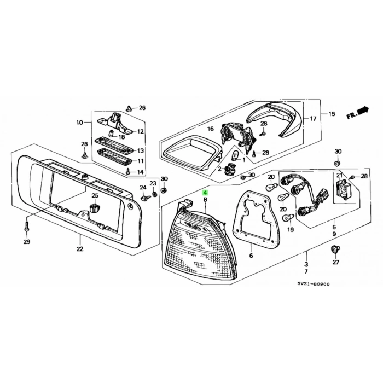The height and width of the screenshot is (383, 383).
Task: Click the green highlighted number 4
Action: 205,193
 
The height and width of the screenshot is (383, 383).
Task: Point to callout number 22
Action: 80,249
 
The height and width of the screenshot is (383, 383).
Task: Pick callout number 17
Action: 314,118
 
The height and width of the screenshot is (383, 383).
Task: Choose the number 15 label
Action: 332,114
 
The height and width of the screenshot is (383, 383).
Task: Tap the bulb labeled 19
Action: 287,218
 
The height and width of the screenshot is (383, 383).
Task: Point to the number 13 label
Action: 140,150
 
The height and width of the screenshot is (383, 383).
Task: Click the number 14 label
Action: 140,172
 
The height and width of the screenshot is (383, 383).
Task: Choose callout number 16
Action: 210,129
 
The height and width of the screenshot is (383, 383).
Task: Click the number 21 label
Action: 339,175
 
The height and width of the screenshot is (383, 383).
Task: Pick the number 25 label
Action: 95,195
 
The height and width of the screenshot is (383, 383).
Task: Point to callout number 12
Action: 140,131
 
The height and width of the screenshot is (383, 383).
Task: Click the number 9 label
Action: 334,234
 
